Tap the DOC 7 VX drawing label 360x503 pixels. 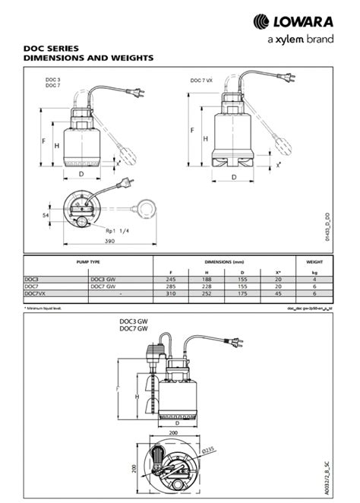[202, 80]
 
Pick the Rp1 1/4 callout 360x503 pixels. [117, 230]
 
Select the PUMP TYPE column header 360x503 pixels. [89, 261]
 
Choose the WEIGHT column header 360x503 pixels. [314, 261]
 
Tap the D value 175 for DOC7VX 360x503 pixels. [242, 293]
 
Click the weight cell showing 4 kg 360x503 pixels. [314, 279]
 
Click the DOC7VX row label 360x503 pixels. [36, 293]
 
